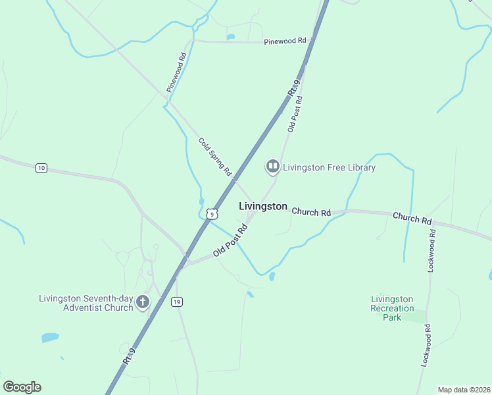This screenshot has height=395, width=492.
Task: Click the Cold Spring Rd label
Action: click(x=215, y=156)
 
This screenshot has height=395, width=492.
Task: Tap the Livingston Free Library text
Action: click(x=329, y=167)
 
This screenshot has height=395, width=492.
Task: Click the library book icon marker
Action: click(x=272, y=167)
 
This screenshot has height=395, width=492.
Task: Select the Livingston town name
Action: click(x=262, y=206)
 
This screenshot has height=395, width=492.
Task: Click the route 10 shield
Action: click(x=41, y=169)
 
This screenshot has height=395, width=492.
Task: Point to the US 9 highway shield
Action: click(x=210, y=213)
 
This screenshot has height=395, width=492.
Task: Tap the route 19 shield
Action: click(x=176, y=302)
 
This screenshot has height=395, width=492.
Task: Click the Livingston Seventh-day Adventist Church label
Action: click(x=86, y=303)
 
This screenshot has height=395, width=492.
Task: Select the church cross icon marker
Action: click(x=143, y=303)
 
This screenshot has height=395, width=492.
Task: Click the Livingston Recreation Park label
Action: click(x=392, y=308)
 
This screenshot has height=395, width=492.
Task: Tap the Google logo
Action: click(x=22, y=387)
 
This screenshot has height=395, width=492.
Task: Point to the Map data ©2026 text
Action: click(x=464, y=390)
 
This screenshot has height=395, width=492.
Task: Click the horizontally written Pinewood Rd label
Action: click(x=285, y=41)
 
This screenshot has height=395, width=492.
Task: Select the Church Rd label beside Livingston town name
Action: click(x=311, y=213)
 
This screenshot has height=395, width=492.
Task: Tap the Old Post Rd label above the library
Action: click(x=295, y=114)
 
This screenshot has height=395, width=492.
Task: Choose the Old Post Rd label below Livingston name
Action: click(x=230, y=241)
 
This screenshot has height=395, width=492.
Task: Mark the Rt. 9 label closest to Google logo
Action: click(x=129, y=357)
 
